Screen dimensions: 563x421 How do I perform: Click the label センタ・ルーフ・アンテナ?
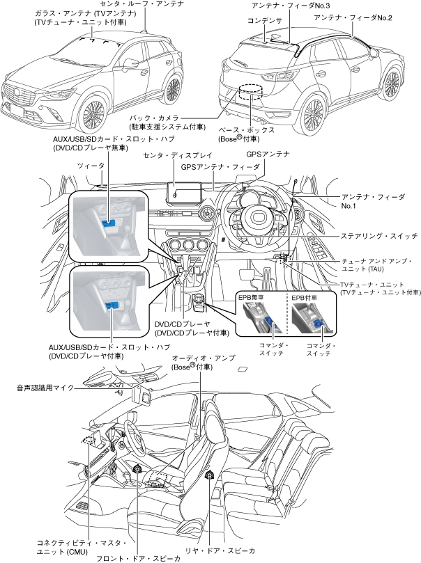coord(142,5)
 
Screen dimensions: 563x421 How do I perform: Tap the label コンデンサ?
coord(265,22)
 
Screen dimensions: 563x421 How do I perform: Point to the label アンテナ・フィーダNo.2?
coord(353,17)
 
